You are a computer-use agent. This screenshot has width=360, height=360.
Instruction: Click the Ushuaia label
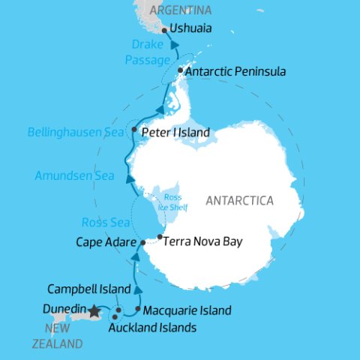point(190,29)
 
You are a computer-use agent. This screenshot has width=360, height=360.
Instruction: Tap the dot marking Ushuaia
point(163,31)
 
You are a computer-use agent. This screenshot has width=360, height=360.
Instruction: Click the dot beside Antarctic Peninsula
point(181,71)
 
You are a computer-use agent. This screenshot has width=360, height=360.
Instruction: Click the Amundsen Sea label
point(73,176)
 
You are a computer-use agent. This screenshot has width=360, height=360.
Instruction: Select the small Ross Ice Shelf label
point(172,201)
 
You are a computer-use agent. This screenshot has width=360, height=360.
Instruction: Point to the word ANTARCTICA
point(240,201)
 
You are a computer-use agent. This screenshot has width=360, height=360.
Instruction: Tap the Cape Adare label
point(106,242)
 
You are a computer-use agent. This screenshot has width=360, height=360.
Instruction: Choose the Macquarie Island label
point(187,310)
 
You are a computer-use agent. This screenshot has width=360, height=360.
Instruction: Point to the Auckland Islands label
point(152,328)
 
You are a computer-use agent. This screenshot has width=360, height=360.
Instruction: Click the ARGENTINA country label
point(181,10)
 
